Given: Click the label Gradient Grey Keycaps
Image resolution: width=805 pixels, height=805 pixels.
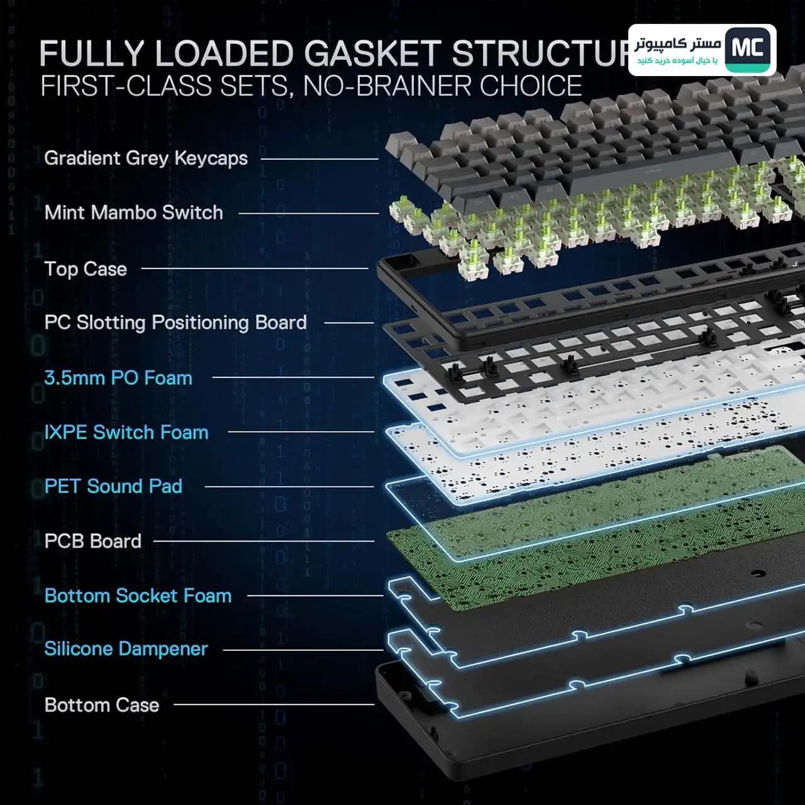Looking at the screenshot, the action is [146, 158].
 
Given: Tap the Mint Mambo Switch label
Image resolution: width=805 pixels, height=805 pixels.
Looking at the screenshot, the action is [134, 213].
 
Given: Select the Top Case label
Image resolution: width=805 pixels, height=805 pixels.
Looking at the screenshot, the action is [86, 269].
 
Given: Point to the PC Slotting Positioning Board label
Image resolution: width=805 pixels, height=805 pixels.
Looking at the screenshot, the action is [175, 323].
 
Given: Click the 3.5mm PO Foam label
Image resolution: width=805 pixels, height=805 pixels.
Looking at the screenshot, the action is [118, 378].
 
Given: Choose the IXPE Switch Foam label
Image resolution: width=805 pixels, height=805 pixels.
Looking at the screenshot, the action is [126, 432].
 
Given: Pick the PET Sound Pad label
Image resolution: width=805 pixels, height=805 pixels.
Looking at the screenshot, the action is [113, 486].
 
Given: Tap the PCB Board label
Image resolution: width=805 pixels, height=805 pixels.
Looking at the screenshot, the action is [92, 541].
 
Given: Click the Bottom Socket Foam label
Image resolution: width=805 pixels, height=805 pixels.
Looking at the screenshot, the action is [138, 596].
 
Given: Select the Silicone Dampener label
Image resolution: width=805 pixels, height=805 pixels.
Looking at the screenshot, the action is [126, 649].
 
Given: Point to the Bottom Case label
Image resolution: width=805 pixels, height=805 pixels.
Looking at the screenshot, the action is [101, 705].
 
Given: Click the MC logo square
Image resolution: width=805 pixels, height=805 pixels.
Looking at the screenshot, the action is [748, 50].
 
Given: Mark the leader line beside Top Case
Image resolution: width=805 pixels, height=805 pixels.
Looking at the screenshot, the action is [255, 268].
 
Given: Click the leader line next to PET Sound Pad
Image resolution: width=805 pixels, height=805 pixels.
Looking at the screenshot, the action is [289, 487].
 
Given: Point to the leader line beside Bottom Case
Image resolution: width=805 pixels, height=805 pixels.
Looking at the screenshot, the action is [274, 704].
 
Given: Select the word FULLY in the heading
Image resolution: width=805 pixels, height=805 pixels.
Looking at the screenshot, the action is [92, 53].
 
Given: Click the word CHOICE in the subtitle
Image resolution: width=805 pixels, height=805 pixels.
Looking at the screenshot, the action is [531, 86].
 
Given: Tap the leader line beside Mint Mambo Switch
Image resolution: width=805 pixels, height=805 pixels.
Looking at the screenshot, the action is [309, 213].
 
